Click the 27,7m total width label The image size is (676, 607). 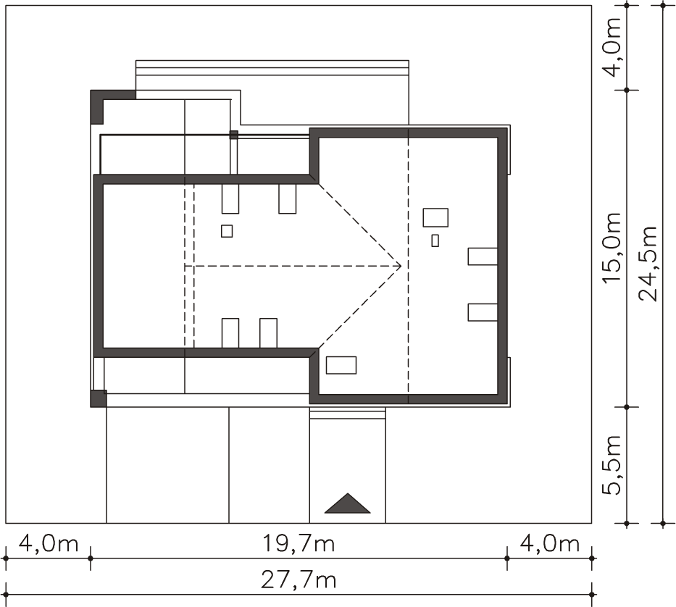coord(299,580)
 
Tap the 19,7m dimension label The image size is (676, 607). coord(299,543)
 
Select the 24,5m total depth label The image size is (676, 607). coord(648,264)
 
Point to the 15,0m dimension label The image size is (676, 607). coord(612,248)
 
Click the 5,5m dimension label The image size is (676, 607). coord(612,465)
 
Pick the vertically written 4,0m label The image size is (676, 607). coord(612,46)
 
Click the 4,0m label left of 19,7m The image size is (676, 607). coord(49,543)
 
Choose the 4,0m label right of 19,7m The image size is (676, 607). coord(550,543)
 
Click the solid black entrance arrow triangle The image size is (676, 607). coord(348,503)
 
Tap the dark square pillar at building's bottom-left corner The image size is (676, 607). coord(99,398)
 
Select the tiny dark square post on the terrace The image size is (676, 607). coord(234,135)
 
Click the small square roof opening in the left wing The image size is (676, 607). coord(227,231)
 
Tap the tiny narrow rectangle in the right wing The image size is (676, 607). coord(435,240)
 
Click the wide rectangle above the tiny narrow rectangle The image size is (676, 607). coord(435,218)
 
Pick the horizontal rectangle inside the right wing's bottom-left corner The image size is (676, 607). coord(341,365)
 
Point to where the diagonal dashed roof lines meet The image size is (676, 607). coord(401,266)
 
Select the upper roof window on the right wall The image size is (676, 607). coord(483,256)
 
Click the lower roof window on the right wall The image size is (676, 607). coord(483,312)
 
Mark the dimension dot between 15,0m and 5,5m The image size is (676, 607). coord(627,407)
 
